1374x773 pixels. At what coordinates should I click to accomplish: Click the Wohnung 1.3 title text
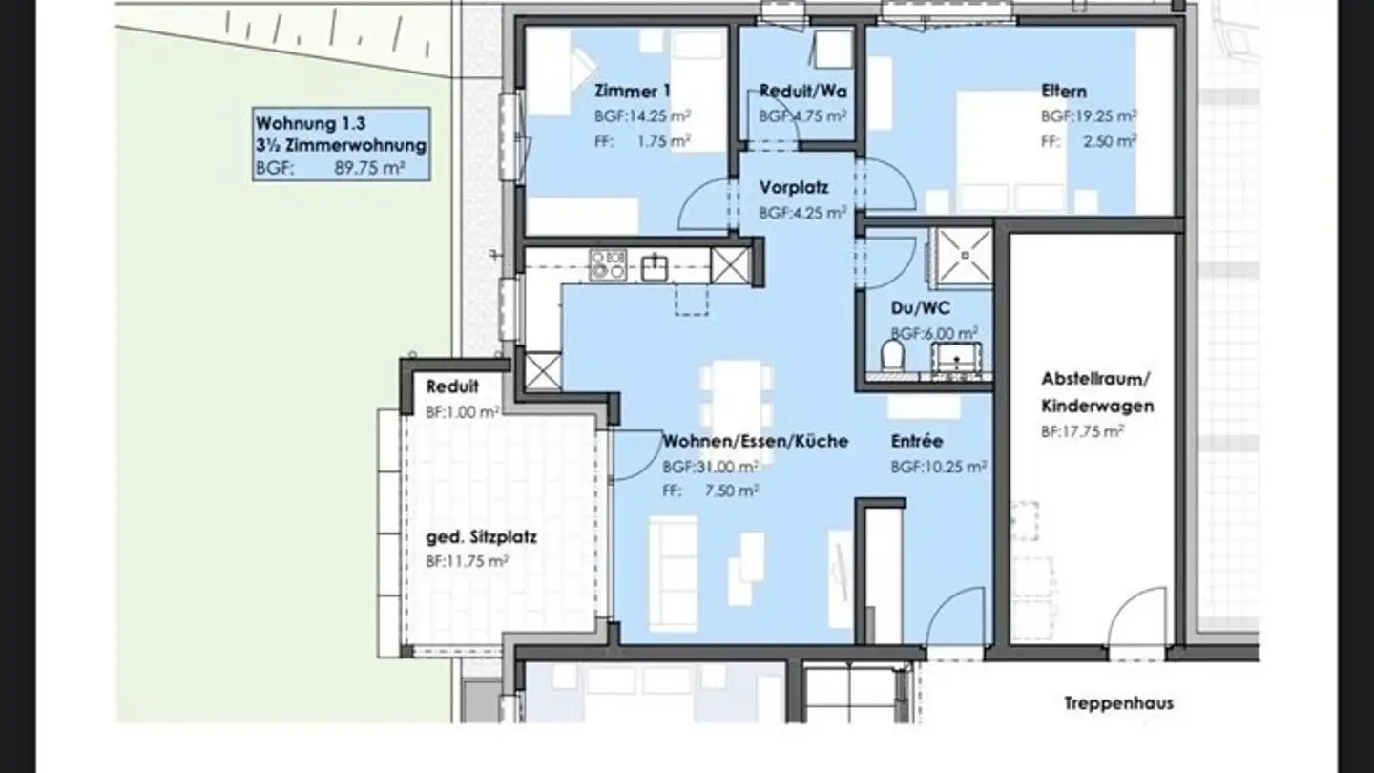click(x=310, y=123)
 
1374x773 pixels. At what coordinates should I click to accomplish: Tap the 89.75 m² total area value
click(x=370, y=168)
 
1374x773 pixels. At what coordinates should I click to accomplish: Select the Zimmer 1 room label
click(x=633, y=92)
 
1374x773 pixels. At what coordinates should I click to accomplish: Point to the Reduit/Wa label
click(x=803, y=92)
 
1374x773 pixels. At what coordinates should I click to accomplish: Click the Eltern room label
click(x=1064, y=92)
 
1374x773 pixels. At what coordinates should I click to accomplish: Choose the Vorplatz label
click(x=794, y=187)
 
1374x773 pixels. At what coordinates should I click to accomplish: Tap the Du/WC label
click(x=920, y=308)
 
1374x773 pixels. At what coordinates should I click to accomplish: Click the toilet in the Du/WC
click(x=893, y=355)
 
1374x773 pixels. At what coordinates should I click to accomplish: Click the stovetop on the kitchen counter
click(x=608, y=265)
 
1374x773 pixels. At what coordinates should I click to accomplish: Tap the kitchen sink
click(x=655, y=267)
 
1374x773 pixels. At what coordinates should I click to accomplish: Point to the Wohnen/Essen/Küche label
click(x=756, y=441)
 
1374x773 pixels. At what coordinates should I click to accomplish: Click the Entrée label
click(x=917, y=441)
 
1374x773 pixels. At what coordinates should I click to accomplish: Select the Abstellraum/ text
click(x=1096, y=379)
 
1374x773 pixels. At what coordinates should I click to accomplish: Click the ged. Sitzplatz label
click(x=482, y=537)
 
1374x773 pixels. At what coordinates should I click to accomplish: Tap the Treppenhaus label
click(x=1119, y=703)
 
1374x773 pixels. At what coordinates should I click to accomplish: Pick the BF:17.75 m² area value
click(x=1083, y=432)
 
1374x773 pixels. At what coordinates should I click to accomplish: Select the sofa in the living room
click(x=674, y=574)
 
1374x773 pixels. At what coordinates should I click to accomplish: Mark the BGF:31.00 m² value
click(x=710, y=467)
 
